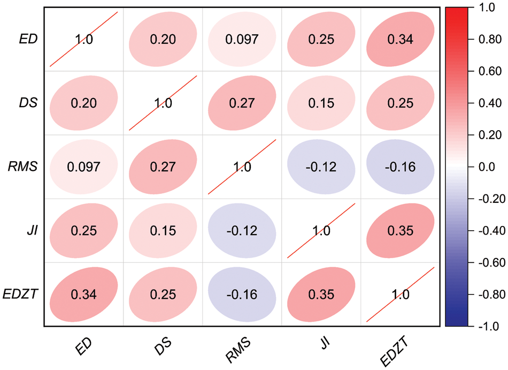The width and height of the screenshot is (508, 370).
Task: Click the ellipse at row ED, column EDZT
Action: (x=400, y=39)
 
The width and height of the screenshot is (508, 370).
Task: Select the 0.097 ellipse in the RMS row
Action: (x=83, y=167)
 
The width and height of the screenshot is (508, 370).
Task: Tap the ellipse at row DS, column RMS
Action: (x=242, y=103)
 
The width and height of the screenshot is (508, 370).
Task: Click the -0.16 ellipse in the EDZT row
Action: (x=242, y=295)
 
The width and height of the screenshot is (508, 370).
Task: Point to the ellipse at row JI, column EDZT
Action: (x=400, y=231)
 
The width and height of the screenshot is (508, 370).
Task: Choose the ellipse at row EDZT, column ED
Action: (x=83, y=295)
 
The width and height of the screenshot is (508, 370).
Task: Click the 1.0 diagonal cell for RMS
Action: (x=242, y=167)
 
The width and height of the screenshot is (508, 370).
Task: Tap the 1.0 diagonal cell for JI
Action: (x=321, y=231)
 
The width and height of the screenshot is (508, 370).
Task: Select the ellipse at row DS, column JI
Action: (x=321, y=103)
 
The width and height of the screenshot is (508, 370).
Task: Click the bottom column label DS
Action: (x=163, y=348)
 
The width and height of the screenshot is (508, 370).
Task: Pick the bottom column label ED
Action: (x=83, y=348)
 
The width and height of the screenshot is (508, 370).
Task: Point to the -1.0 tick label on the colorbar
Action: (x=485, y=326)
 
